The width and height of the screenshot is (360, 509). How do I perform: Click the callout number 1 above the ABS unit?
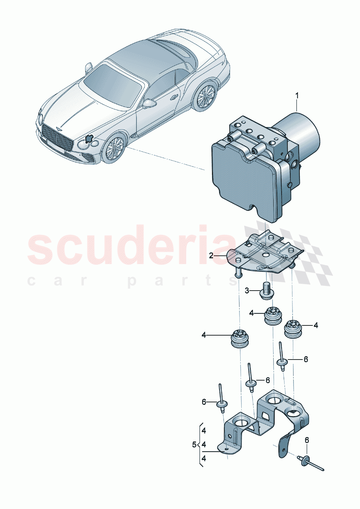[297, 96]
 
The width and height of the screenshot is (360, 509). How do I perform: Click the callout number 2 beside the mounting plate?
[211, 256]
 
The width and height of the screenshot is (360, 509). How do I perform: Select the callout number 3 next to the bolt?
[247, 291]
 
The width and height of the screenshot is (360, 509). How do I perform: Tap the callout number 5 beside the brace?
[194, 444]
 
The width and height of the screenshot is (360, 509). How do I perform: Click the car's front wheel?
[113, 149]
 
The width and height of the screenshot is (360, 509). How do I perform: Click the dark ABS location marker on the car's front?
[89, 139]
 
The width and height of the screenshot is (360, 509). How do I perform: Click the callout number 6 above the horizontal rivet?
[307, 440]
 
